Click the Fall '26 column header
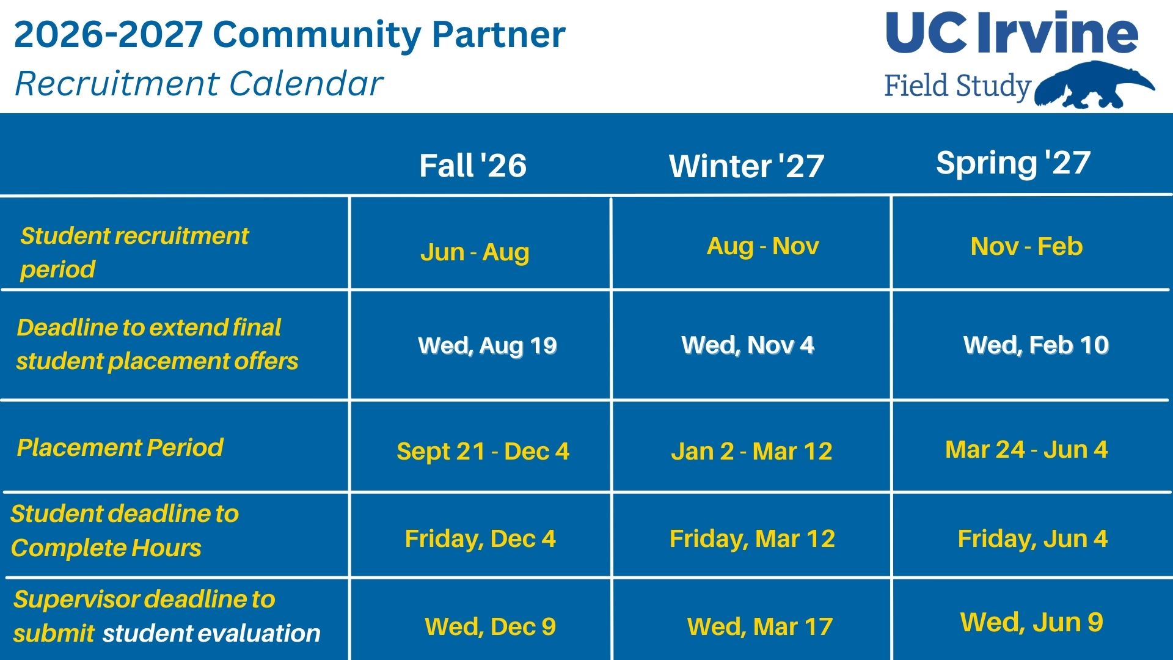click(473, 166)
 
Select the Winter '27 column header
click(747, 166)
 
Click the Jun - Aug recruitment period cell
click(475, 252)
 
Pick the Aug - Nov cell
click(762, 246)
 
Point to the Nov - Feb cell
click(1026, 246)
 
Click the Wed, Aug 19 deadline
click(488, 346)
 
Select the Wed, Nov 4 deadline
click(748, 345)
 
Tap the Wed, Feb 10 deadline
click(1036, 345)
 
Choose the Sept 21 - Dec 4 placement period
click(483, 452)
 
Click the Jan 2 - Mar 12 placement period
click(751, 452)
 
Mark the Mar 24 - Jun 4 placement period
click(1026, 450)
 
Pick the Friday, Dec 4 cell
click(480, 539)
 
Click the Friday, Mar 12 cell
click(752, 539)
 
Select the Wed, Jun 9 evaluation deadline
click(1032, 623)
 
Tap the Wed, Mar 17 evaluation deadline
click(760, 627)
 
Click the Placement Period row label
click(120, 448)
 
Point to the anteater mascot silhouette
click(1095, 86)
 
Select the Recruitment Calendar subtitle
click(199, 84)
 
